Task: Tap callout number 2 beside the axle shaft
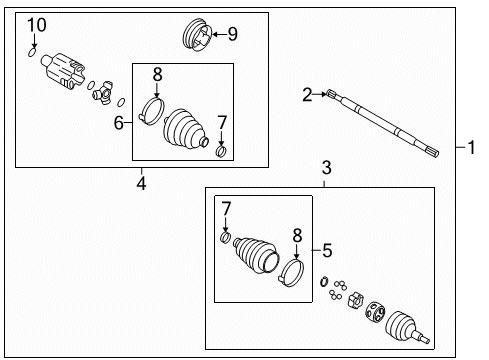click(x=308, y=95)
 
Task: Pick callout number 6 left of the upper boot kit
click(x=119, y=122)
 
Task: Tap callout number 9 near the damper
click(x=232, y=35)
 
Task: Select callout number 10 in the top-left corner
click(x=36, y=24)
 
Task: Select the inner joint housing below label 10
click(x=64, y=71)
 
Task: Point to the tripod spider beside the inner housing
click(x=104, y=95)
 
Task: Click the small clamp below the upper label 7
click(x=223, y=150)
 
